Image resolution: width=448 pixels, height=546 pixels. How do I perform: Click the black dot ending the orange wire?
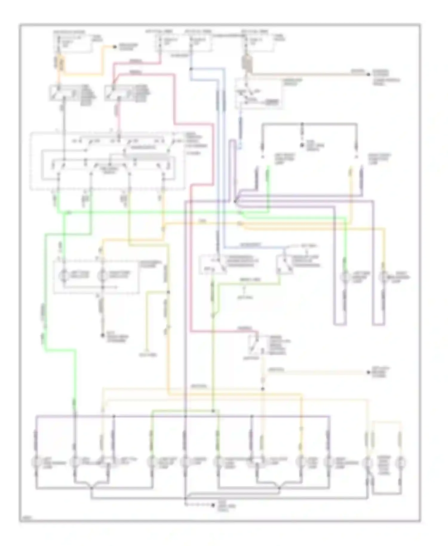click(114, 47)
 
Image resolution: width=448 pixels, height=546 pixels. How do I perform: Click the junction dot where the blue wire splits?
click(191, 69)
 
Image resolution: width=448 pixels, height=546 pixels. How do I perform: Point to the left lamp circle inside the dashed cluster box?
click(64, 275)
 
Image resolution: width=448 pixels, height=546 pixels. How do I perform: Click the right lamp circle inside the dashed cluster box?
click(103, 275)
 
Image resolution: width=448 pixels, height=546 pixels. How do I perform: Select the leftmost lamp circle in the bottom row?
click(36, 462)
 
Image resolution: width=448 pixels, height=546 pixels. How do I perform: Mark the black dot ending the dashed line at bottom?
click(213, 505)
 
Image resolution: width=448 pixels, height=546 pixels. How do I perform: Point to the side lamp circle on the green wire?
click(346, 277)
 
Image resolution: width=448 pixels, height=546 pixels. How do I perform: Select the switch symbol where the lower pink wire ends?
click(254, 343)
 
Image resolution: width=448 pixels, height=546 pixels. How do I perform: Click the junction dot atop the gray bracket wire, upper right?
click(302, 123)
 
